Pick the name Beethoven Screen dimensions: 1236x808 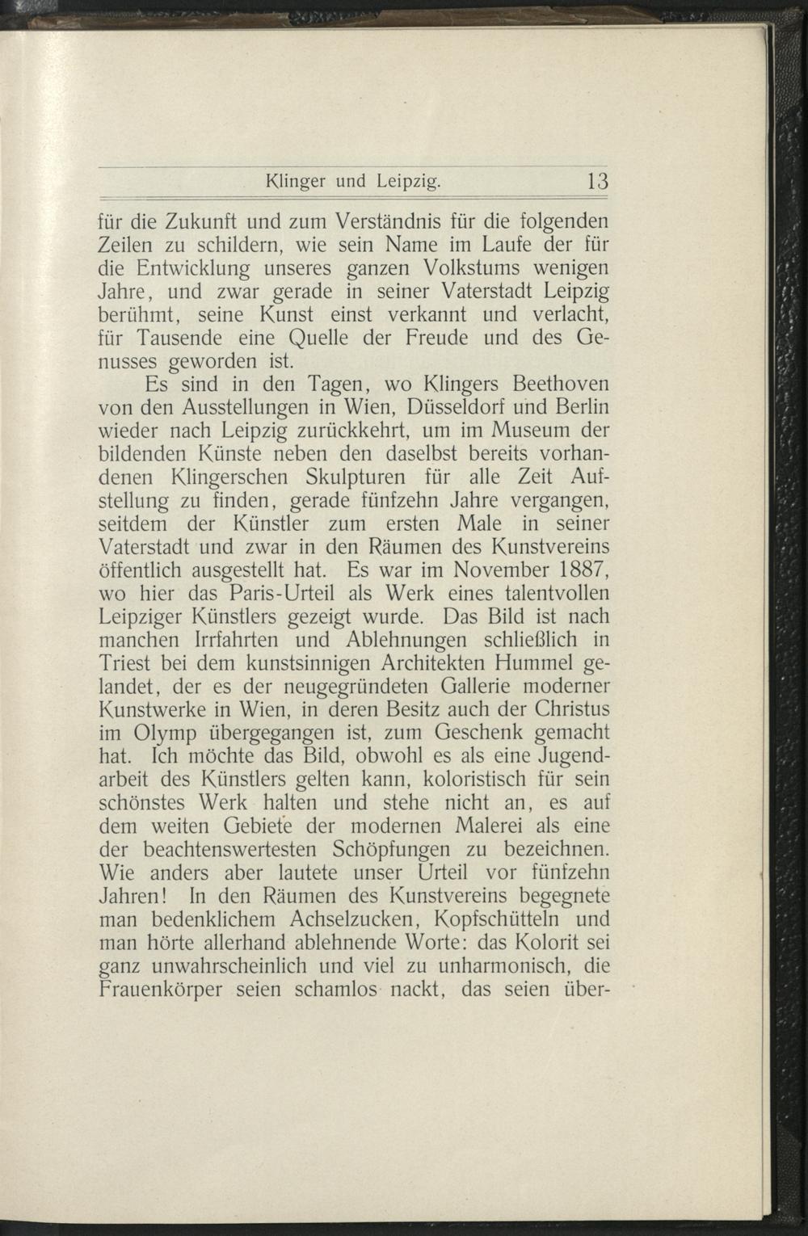point(548,380)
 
